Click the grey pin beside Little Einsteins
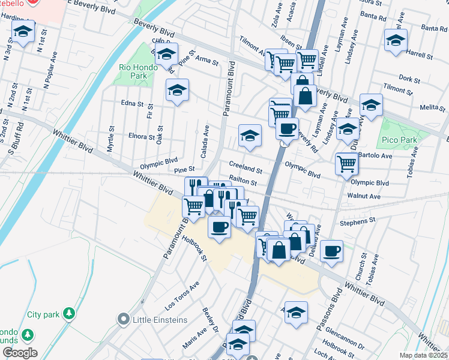click(x=124, y=319)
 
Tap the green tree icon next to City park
click(x=70, y=313)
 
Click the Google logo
click(x=19, y=353)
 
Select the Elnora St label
click(x=142, y=136)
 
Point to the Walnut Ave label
click(x=364, y=196)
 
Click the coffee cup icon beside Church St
click(x=331, y=251)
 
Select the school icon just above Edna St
click(x=177, y=91)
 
